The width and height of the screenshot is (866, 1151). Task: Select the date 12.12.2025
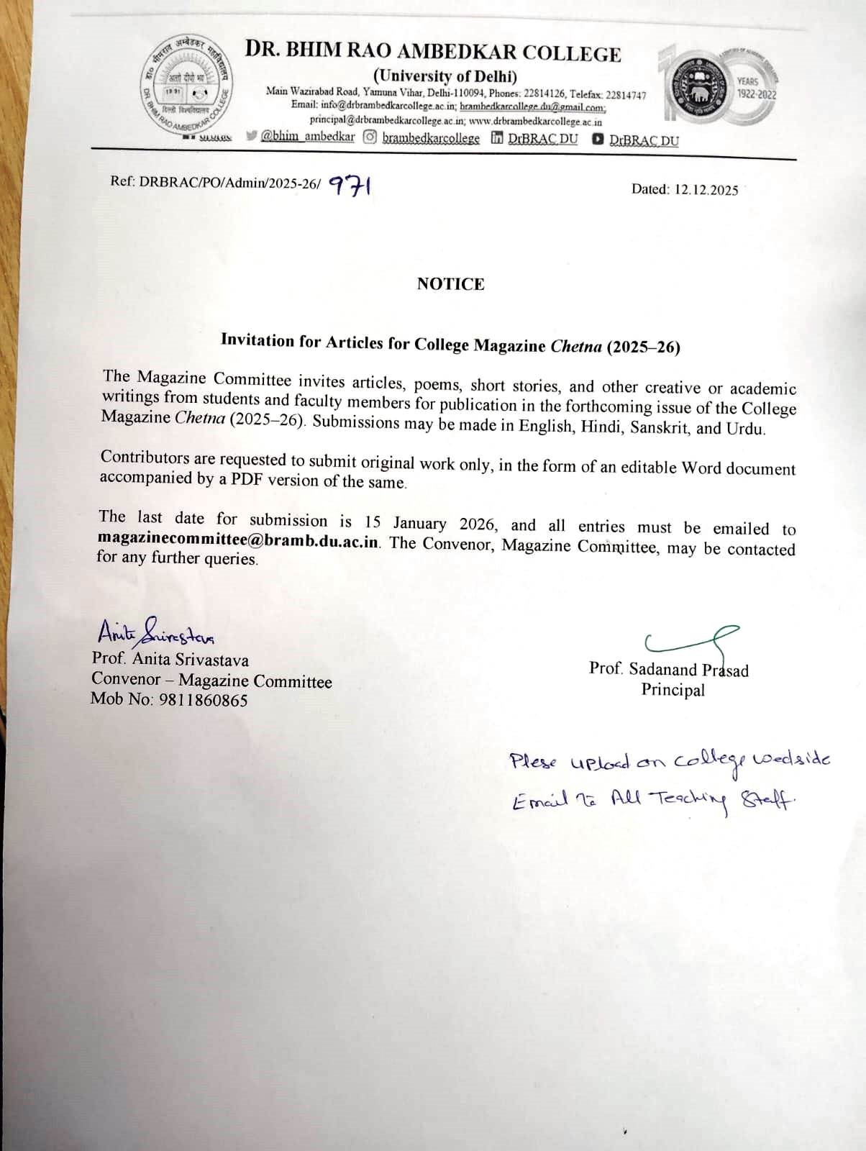coord(706,190)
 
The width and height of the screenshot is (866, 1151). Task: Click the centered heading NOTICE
coord(450,284)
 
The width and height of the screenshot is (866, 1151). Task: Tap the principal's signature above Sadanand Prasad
coord(690,640)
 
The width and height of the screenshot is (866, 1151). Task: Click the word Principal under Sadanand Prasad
coord(673,691)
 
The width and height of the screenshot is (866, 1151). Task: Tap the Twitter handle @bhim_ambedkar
coord(308,137)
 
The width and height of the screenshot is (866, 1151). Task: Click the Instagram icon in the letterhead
coord(370,137)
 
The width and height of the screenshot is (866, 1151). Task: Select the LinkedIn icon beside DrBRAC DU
coord(497,138)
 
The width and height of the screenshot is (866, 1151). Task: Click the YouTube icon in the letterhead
coord(598,140)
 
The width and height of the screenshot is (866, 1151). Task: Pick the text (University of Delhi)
coord(445,76)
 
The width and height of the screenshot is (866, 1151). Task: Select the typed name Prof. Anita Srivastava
coord(170,659)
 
